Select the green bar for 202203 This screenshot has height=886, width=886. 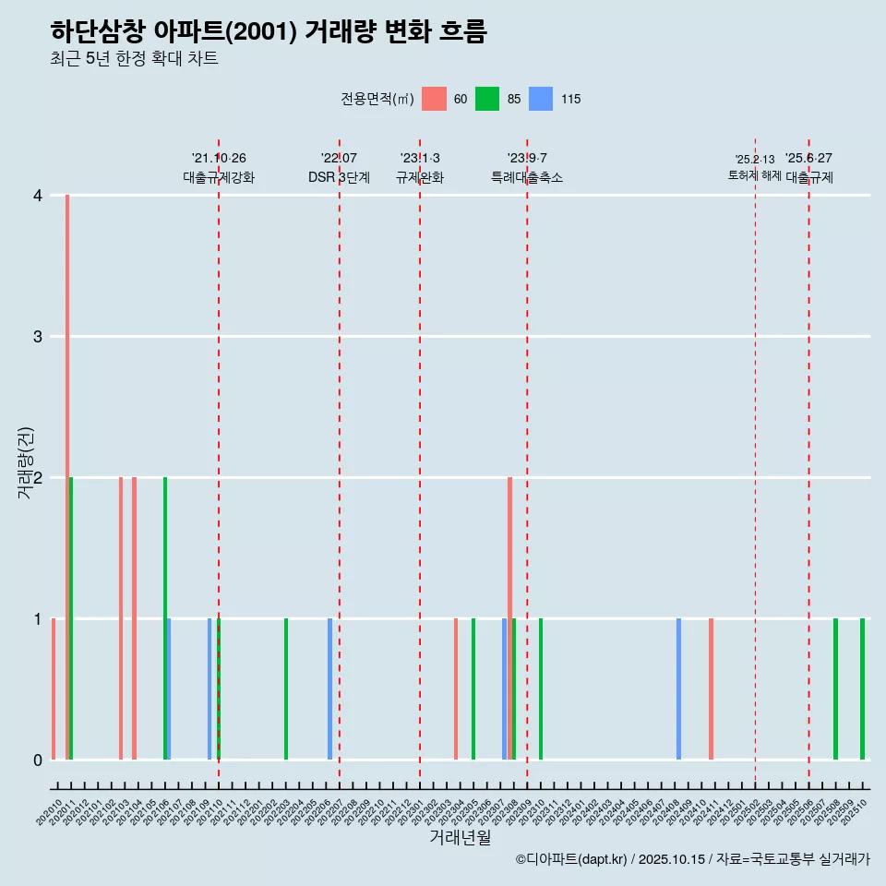pyautogui.click(x=286, y=688)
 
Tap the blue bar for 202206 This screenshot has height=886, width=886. pyautogui.click(x=329, y=688)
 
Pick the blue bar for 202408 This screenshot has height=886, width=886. pyautogui.click(x=678, y=688)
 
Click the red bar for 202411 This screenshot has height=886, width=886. pyautogui.click(x=711, y=688)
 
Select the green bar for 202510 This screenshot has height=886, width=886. pyautogui.click(x=863, y=688)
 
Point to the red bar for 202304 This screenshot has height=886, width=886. pyautogui.click(x=456, y=688)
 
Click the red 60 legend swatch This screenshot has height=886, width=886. pyautogui.click(x=434, y=99)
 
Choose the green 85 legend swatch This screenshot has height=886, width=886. pyautogui.click(x=487, y=99)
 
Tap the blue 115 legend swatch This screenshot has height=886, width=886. pyautogui.click(x=541, y=99)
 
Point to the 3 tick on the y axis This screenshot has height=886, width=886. pyautogui.click(x=38, y=337)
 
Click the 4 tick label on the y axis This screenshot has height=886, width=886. pyautogui.click(x=38, y=196)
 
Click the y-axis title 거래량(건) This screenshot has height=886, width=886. pyautogui.click(x=26, y=462)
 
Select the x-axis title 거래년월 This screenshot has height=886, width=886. pyautogui.click(x=460, y=837)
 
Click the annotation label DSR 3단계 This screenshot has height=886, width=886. pyautogui.click(x=339, y=177)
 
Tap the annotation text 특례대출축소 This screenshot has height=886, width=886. pyautogui.click(x=526, y=177)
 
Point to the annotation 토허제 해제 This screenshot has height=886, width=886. pyautogui.click(x=754, y=175)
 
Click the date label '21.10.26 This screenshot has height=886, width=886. pyautogui.click(x=219, y=159)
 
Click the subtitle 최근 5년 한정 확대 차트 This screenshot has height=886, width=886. pyautogui.click(x=134, y=59)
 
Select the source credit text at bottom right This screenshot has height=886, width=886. pyautogui.click(x=692, y=859)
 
